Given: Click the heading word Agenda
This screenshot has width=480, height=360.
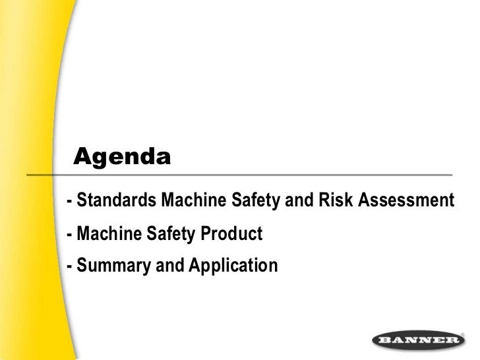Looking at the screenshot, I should pyautogui.click(x=122, y=158).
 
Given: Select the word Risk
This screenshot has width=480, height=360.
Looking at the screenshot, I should pyautogui.click(x=336, y=200).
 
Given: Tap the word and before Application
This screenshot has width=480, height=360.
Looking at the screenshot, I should pyautogui.click(x=169, y=266).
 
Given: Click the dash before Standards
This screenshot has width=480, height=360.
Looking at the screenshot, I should pyautogui.click(x=70, y=200).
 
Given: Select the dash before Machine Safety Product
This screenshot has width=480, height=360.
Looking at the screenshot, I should pyautogui.click(x=70, y=234).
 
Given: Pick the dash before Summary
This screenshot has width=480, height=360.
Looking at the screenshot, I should pyautogui.click(x=70, y=266).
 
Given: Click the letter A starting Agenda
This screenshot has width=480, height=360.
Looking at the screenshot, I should pyautogui.click(x=82, y=157).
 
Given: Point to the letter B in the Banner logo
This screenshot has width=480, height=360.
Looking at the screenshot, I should pyautogui.click(x=384, y=341).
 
